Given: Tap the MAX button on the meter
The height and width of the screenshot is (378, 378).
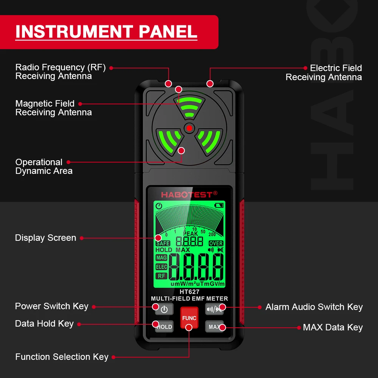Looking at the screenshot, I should click(214, 327).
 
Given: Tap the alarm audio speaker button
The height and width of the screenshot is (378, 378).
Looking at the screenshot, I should click(214, 309).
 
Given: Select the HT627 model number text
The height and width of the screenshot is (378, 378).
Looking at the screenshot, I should click(189, 292).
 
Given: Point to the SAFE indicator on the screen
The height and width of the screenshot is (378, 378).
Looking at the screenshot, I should click(163, 243).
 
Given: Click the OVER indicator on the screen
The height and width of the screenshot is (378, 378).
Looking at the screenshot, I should click(216, 243).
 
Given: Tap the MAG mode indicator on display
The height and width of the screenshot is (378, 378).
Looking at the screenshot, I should click(161, 258).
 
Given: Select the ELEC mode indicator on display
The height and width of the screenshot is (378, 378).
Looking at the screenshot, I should click(161, 267).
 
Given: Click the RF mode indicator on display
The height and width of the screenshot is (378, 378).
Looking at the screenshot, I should click(161, 276).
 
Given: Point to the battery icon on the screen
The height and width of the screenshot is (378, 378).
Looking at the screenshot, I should click(219, 206).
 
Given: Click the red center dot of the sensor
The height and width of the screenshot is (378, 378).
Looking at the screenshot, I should click(189, 128).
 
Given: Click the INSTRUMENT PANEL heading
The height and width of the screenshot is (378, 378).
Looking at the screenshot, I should click(106, 32).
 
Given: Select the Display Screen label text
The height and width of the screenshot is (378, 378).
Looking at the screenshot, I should click(45, 238).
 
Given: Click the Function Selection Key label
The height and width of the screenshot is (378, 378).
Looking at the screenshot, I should click(62, 357).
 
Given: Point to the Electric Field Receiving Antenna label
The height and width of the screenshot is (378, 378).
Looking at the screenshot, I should click(324, 73).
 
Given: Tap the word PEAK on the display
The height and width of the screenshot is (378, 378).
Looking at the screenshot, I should click(190, 234).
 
